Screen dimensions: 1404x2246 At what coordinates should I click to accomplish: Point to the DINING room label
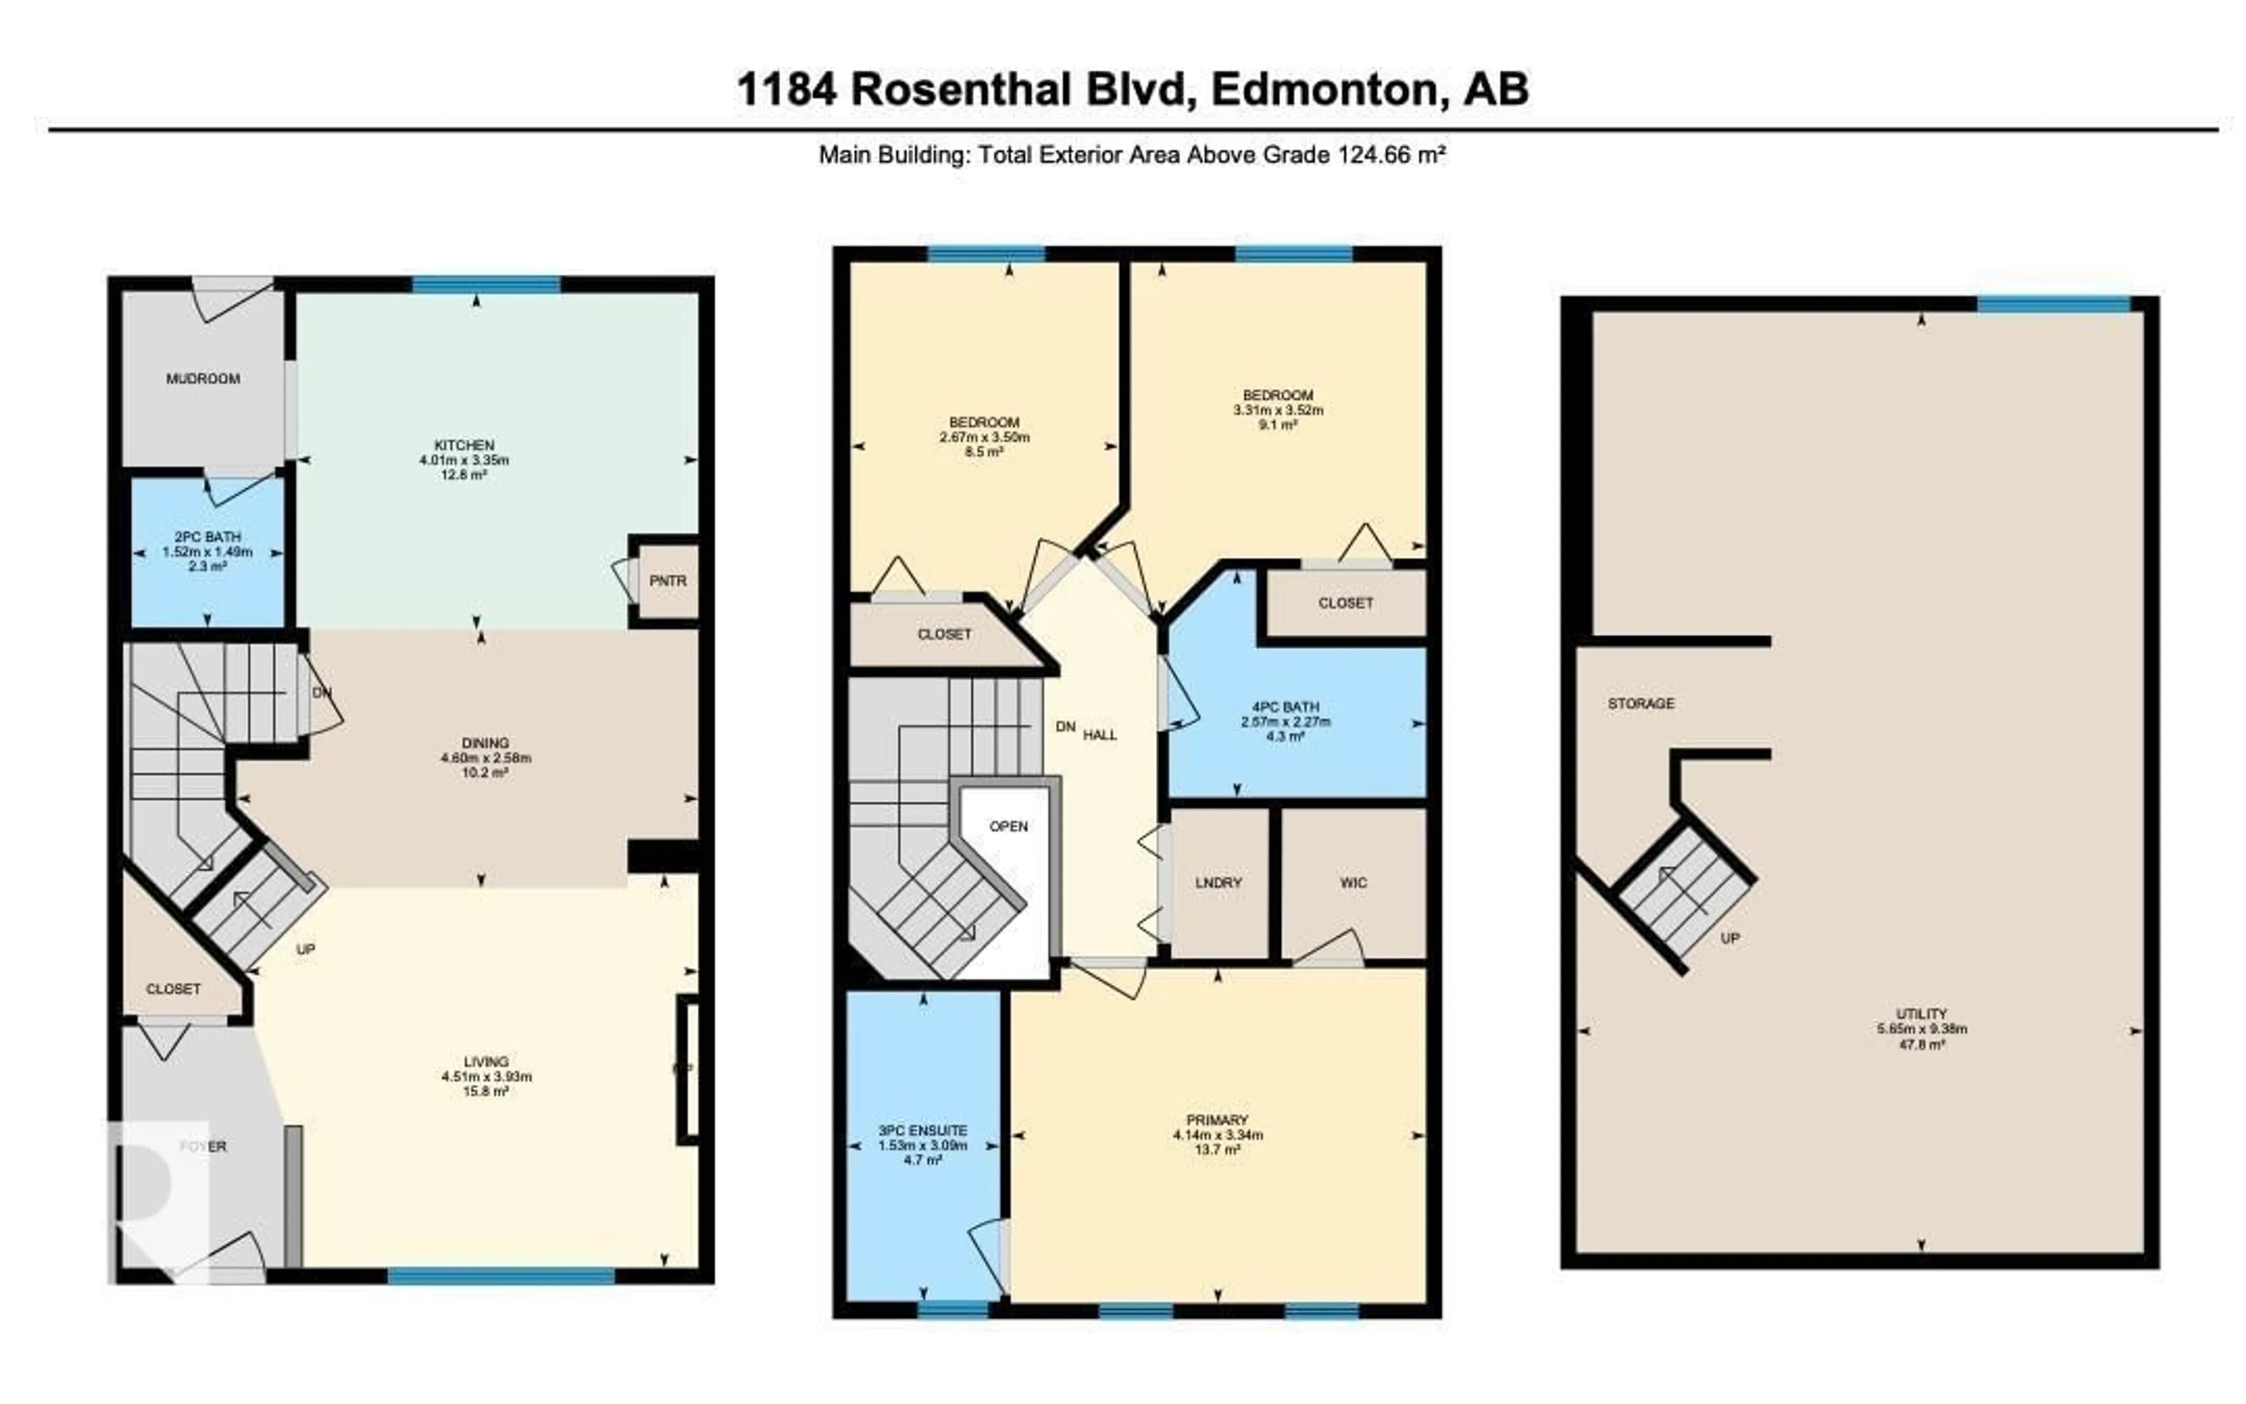click(485, 743)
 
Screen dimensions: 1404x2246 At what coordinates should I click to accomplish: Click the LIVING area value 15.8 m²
click(486, 1091)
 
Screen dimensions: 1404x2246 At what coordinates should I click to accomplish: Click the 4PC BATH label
click(1284, 706)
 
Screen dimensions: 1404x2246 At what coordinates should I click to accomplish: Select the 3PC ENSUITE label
click(922, 1131)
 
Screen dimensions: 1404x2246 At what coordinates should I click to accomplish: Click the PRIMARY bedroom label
click(1217, 1120)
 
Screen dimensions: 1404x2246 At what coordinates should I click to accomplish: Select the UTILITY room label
click(1921, 1014)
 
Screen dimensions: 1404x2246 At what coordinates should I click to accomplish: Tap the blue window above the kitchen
click(486, 284)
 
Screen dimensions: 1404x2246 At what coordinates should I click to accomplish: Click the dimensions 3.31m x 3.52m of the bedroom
click(1277, 409)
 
